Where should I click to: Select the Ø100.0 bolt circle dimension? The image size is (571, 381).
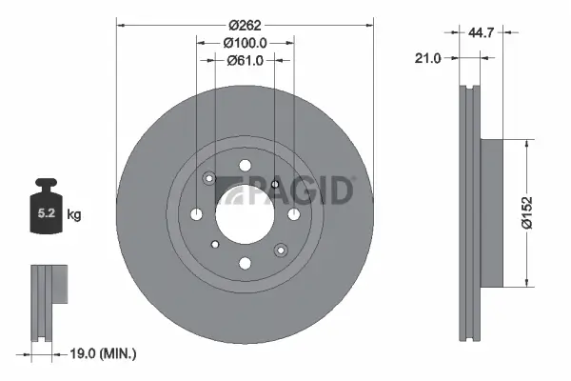pos(245,42)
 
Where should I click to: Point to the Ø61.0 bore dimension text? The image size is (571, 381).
pos(245,60)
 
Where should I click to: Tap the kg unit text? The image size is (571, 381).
pos(73,215)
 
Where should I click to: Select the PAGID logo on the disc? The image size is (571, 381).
pos(286,190)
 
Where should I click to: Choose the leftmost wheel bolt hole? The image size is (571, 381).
pos(197,213)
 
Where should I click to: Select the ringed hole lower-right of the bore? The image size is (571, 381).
pos(280,250)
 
